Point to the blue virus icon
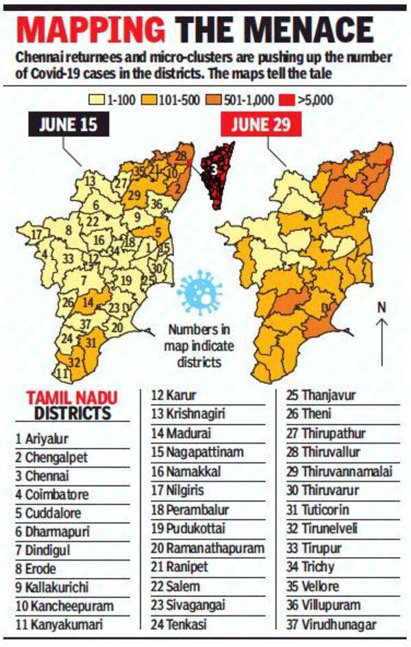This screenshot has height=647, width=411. (x=199, y=292)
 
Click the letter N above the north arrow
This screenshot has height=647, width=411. (x=382, y=307)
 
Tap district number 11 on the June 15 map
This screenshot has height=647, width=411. (x=62, y=373)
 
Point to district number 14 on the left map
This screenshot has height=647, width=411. (x=88, y=301)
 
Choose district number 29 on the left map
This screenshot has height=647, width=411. (x=134, y=197)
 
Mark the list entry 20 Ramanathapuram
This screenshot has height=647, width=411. (x=208, y=548)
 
